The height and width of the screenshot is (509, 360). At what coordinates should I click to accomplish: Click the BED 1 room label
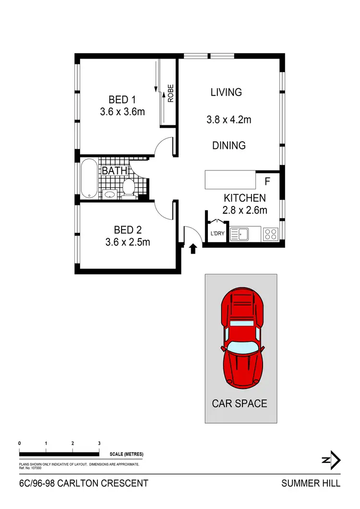point(122,100)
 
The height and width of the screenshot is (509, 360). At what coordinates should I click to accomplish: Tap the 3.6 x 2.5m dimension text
point(128,242)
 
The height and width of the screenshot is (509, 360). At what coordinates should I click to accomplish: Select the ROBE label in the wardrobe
point(170,93)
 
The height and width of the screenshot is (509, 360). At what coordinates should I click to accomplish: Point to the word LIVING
point(226,92)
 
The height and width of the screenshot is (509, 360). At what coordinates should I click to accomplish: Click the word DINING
point(229,145)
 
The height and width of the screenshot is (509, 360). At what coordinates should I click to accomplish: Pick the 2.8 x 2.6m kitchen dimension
point(244,210)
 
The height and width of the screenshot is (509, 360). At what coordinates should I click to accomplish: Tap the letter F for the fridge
point(268,182)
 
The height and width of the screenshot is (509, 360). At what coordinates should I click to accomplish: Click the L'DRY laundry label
point(217,234)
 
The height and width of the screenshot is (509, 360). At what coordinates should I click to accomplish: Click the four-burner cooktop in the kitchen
point(270,234)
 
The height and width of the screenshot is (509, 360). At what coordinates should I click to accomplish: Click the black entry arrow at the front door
point(193,249)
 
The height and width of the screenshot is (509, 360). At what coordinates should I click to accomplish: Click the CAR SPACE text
point(240,403)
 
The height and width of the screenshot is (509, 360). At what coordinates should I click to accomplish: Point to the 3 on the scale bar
point(99,443)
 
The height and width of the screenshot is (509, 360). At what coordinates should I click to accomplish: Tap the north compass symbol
point(331,460)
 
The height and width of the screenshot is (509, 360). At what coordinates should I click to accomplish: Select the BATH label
point(114,170)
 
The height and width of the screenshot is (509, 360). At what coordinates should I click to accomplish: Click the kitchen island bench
point(230,180)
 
